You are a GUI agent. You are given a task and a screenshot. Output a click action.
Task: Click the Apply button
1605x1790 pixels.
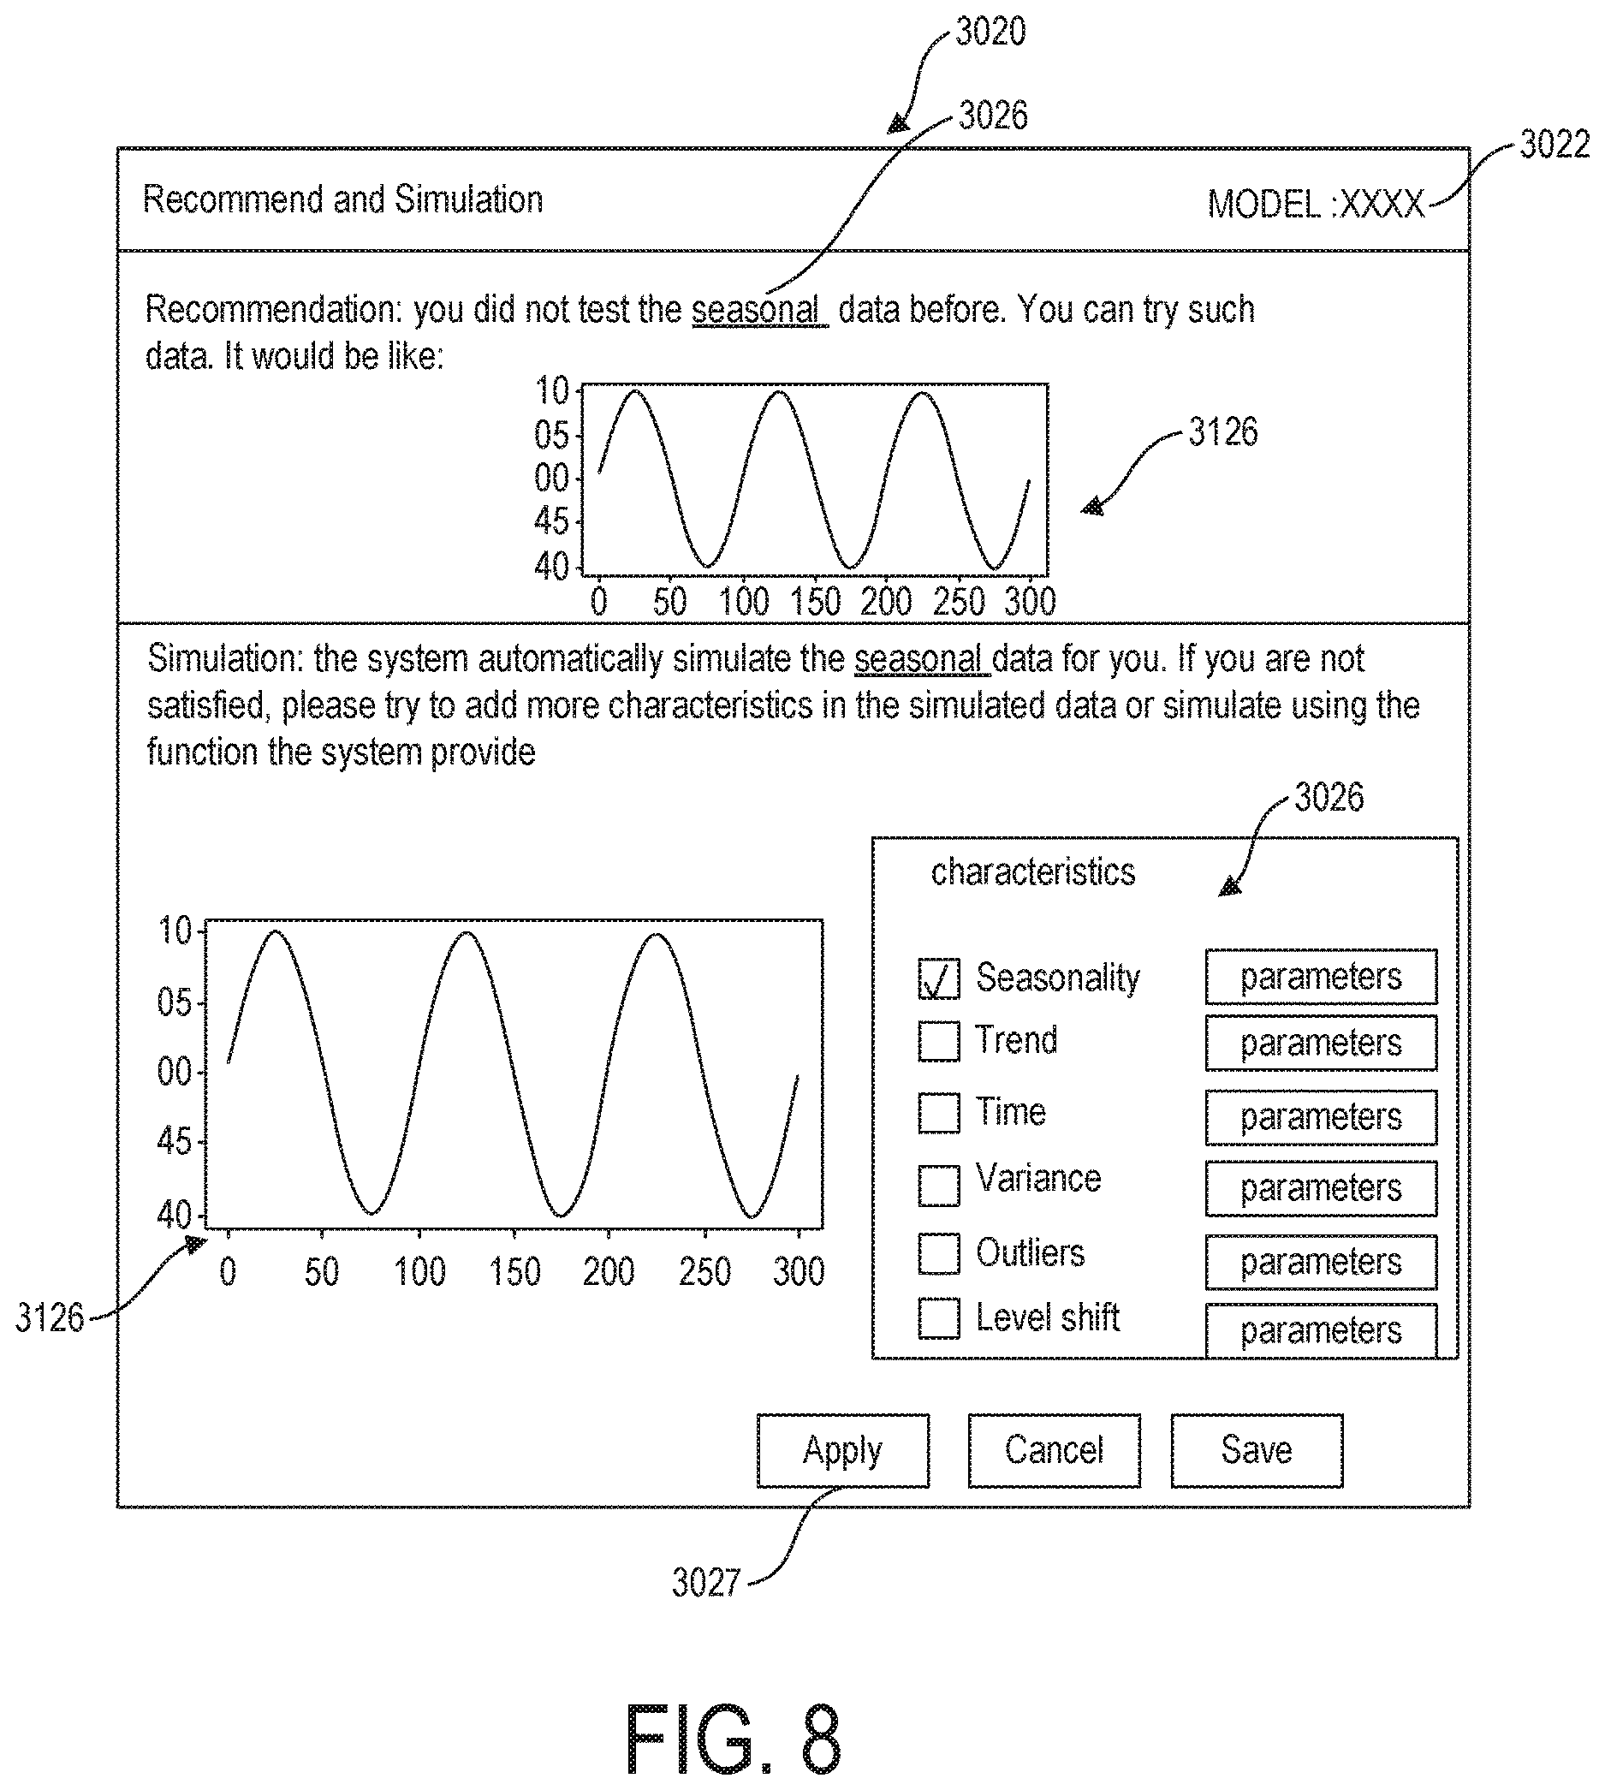pyautogui.click(x=842, y=1450)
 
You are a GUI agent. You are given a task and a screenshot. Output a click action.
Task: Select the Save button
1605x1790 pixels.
pyautogui.click(x=1257, y=1450)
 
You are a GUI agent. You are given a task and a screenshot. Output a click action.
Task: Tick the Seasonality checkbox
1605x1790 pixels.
pyautogui.click(x=938, y=978)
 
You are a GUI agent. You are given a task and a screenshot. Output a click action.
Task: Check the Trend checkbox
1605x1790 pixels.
pyautogui.click(x=938, y=1040)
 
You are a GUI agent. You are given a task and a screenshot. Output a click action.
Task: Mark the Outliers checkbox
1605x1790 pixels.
pyautogui.click(x=938, y=1253)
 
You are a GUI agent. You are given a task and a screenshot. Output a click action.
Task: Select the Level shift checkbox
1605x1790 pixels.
pyautogui.click(x=938, y=1318)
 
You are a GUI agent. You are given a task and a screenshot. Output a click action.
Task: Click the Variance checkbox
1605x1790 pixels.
pyautogui.click(x=938, y=1185)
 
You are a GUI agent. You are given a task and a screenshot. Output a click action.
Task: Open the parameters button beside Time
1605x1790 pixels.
pyautogui.click(x=1321, y=1117)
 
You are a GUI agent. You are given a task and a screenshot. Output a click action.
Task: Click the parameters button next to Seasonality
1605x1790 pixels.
pyautogui.click(x=1321, y=977)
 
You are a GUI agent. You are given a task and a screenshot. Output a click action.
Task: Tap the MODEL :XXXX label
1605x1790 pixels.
pyautogui.click(x=1316, y=205)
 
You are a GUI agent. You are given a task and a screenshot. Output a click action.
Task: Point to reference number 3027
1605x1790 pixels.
pyautogui.click(x=705, y=1583)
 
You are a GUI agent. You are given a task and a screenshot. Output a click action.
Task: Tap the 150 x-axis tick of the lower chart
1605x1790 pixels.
pyautogui.click(x=514, y=1271)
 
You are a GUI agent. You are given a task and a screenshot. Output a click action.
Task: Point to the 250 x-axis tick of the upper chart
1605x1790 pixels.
pyautogui.click(x=958, y=601)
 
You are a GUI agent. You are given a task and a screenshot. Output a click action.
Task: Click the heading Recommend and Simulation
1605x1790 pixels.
pyautogui.click(x=342, y=199)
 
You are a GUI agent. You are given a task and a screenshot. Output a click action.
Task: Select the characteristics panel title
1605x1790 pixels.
pyautogui.click(x=1032, y=872)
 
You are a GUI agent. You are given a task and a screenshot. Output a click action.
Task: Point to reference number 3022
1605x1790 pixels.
pyautogui.click(x=1554, y=145)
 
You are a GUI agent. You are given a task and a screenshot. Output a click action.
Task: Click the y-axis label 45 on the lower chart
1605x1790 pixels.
pyautogui.click(x=174, y=1142)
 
